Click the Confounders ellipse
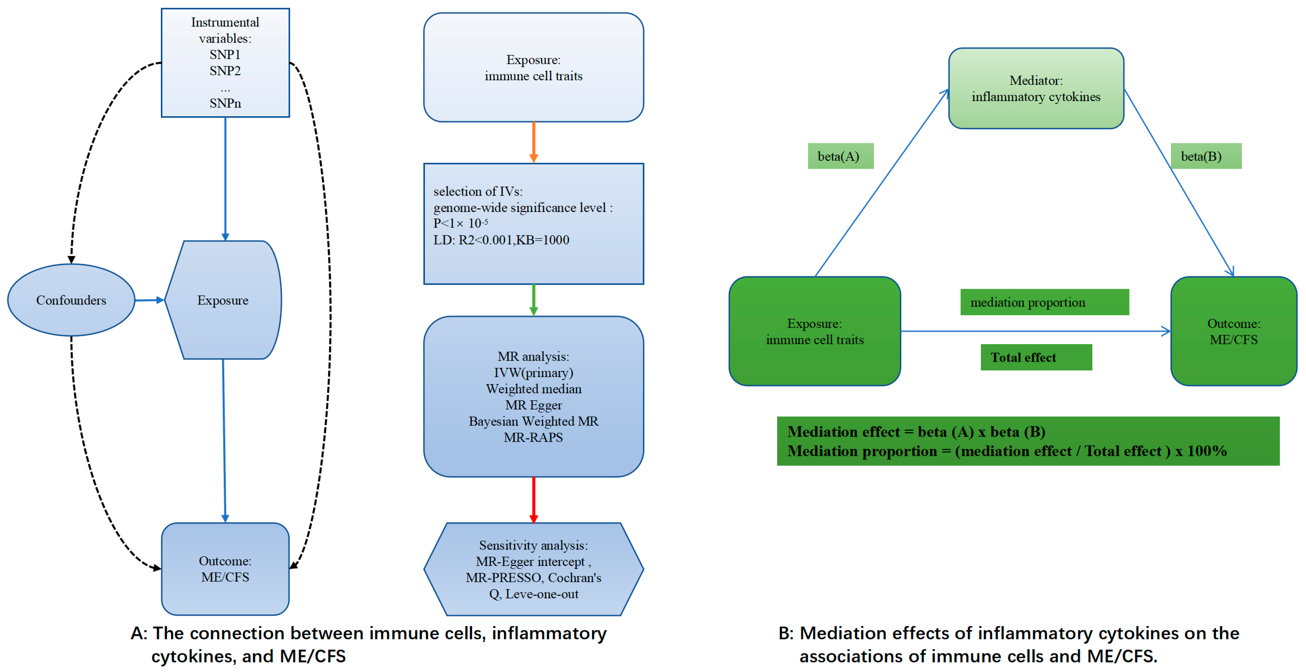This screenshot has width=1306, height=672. click(71, 300)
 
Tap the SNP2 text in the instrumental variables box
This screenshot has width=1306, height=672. click(225, 71)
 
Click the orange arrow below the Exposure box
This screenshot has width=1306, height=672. click(533, 142)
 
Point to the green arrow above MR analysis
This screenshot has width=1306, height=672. click(533, 300)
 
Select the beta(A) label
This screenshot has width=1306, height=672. click(840, 156)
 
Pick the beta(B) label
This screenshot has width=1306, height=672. click(1205, 156)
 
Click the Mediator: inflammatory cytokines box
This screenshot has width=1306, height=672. click(1036, 88)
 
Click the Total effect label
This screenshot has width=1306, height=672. click(1036, 357)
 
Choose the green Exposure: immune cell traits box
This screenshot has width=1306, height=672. click(814, 331)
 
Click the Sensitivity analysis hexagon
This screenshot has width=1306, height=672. click(533, 569)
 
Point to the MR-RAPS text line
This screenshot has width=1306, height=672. click(533, 437)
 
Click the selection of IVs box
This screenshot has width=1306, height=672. click(533, 223)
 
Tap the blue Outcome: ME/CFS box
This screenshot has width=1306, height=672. click(225, 569)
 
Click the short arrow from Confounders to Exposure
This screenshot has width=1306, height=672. click(150, 300)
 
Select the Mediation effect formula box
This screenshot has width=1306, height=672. click(1028, 441)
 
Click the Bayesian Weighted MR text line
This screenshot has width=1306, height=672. click(533, 421)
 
